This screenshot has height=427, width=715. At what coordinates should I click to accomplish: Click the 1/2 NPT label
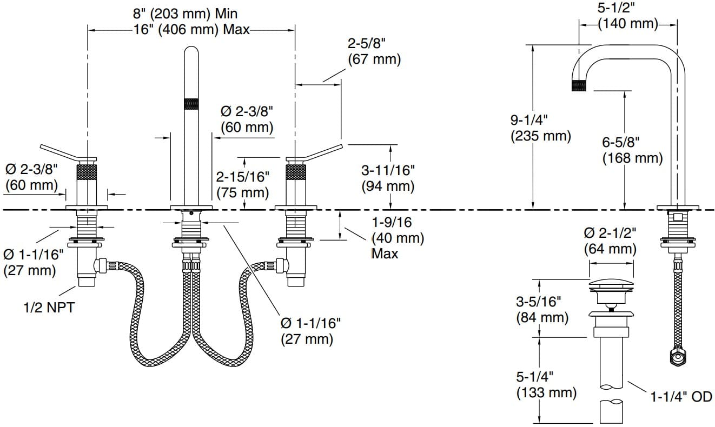tap(48, 308)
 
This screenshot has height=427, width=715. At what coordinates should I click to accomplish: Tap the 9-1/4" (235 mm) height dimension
tap(540, 128)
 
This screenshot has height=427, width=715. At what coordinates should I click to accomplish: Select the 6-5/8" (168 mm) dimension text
tap(632, 150)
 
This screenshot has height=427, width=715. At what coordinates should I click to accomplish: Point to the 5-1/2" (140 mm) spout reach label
tap(628, 16)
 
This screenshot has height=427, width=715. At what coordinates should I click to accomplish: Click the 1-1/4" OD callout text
tap(681, 398)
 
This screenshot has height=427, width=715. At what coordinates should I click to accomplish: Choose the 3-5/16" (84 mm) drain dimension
tap(541, 309)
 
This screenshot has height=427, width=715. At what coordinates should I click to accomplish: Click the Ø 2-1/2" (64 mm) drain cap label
tap(610, 241)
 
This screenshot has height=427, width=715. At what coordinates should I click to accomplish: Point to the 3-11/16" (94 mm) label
tap(388, 178)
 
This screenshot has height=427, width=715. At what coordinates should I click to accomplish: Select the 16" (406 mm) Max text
tap(193, 29)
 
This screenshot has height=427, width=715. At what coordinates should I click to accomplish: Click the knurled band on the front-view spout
tap(191, 104)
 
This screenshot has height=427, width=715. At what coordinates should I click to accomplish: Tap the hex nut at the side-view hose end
tap(676, 357)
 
